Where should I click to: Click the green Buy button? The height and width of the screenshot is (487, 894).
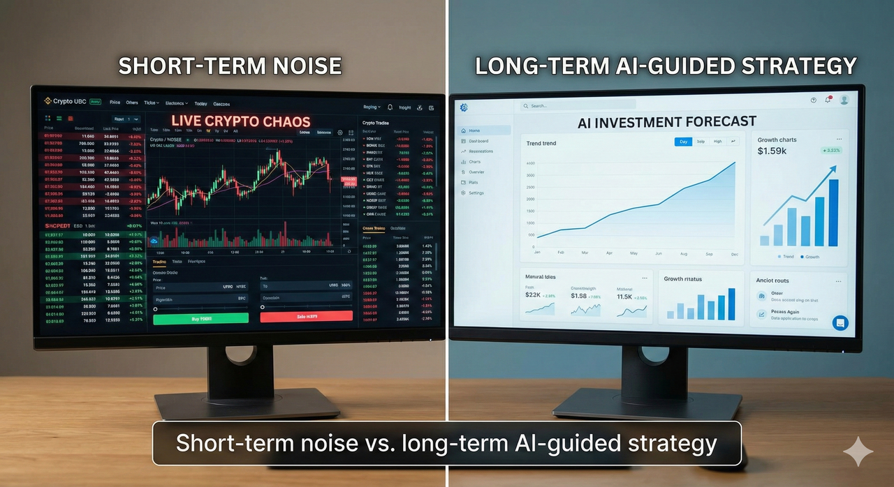pos(200,318)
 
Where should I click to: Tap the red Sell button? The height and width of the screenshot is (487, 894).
pos(306,316)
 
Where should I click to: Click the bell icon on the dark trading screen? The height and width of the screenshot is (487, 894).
pos(390,107)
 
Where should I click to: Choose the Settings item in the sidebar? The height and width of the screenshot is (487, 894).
pos(476,193)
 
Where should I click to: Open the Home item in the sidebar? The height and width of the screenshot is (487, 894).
pos(474,130)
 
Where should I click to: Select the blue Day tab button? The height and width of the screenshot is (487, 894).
pos(682,142)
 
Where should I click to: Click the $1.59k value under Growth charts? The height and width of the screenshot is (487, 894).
pos(772,151)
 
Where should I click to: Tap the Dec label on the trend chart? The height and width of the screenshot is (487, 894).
pos(735,254)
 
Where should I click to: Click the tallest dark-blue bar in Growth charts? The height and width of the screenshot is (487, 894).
pos(833,212)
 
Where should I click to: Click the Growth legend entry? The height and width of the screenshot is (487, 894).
pos(809,257)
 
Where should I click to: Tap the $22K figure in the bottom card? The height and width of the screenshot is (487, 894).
pos(532,296)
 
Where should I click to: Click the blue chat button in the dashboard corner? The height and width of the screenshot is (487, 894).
pos(840,322)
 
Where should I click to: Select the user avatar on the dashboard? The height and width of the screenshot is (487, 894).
pos(844,100)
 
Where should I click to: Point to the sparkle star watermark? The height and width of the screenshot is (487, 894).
pos(858,453)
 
